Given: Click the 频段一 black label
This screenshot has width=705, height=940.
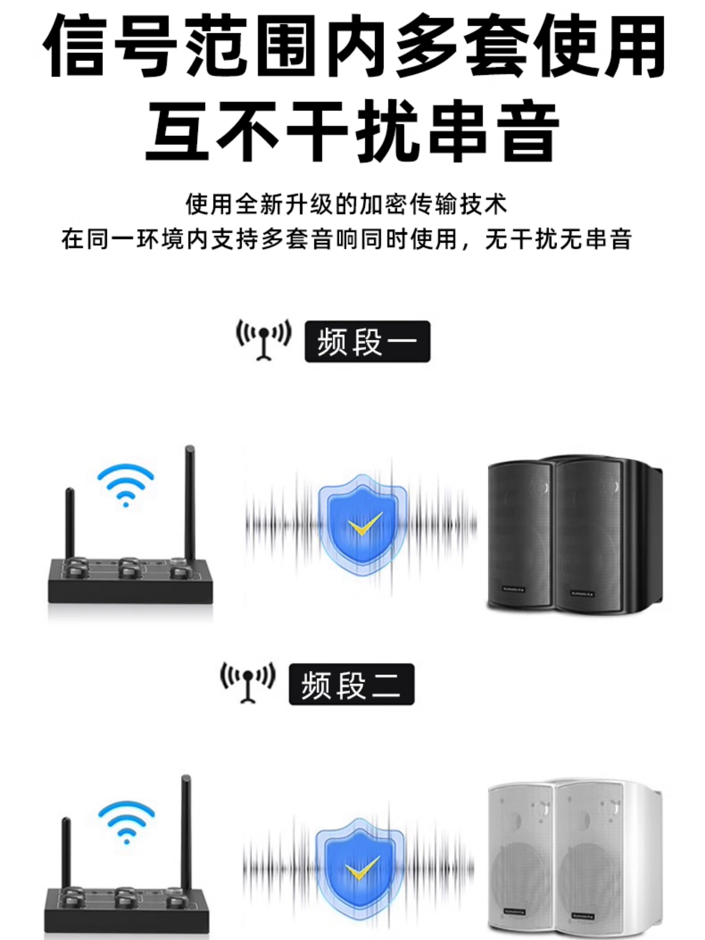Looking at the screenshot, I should tap(367, 342).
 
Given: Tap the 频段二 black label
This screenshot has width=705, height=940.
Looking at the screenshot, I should tap(351, 685).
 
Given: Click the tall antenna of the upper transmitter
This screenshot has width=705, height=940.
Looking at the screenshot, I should tap(189, 504).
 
